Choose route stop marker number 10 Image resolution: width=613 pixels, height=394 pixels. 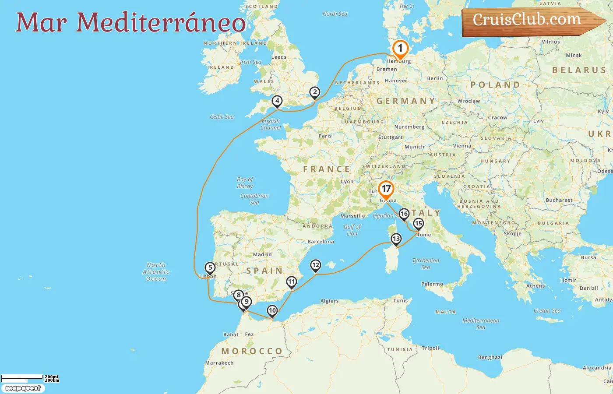[272, 311]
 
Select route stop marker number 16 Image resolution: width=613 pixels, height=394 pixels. [404, 214]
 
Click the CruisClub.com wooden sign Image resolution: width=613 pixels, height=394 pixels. [530, 21]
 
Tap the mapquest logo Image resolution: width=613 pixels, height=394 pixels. [23, 388]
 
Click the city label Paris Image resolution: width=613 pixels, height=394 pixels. [325, 136]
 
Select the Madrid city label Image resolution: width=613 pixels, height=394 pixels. [262, 254]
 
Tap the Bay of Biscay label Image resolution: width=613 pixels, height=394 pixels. [245, 183]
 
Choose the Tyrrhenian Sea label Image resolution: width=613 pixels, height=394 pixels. [426, 264]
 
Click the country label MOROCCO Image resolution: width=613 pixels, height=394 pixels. [252, 351]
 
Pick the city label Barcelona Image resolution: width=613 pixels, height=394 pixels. [321, 242]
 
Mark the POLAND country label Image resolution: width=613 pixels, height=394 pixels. [495, 84]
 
